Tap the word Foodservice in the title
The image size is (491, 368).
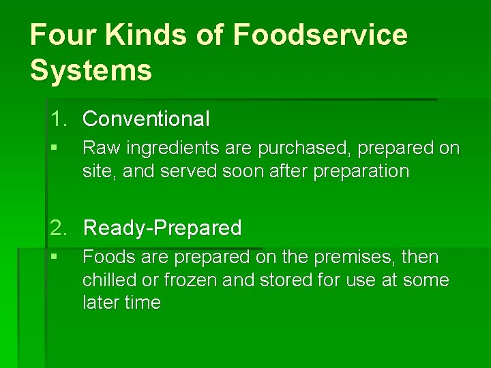tap(320, 35)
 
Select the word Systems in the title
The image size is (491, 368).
tap(91, 70)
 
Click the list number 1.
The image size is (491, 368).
tap(58, 119)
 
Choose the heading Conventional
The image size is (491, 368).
tap(146, 119)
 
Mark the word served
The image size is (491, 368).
tap(190, 170)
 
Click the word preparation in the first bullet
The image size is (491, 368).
tap(361, 170)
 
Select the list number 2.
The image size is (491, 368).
tap(58, 228)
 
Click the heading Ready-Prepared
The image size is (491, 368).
tap(162, 228)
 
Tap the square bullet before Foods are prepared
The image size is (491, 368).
tap(54, 258)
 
